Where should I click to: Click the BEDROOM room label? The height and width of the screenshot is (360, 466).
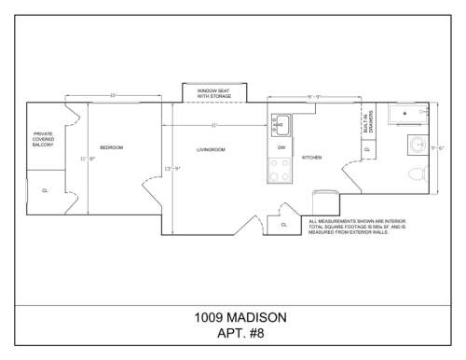coord(111,148)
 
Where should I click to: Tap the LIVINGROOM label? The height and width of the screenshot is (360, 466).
coord(211,149)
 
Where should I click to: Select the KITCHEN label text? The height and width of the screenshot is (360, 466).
coord(311,158)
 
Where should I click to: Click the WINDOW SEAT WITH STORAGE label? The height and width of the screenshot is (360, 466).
coord(209,92)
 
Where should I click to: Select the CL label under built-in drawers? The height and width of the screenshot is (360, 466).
coord(367,149)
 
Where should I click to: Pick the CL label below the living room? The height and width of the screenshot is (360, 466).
coord(282,224)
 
